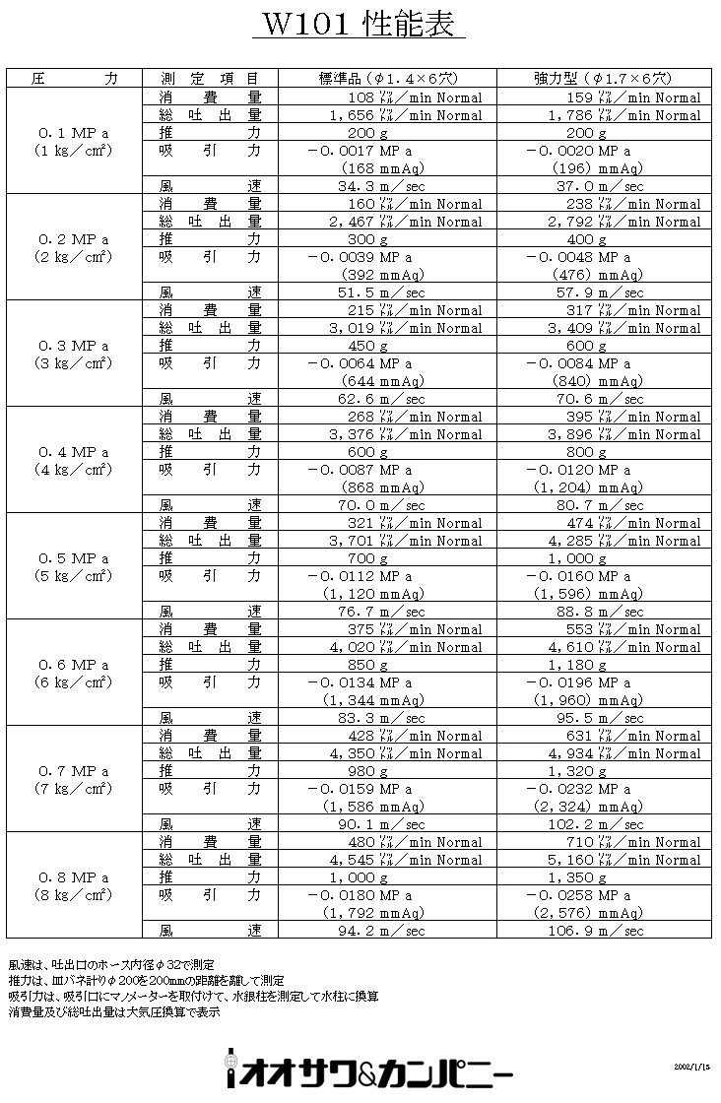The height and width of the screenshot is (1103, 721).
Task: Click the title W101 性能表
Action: (x=358, y=25)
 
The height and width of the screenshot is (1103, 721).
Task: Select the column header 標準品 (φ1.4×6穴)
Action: (x=389, y=78)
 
